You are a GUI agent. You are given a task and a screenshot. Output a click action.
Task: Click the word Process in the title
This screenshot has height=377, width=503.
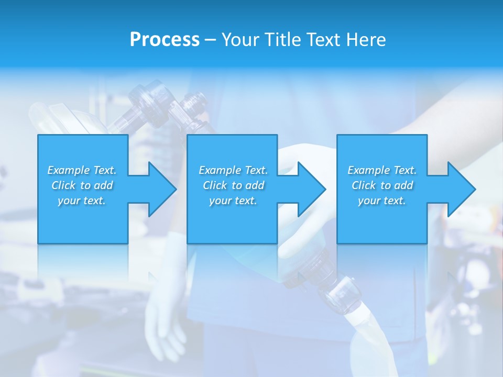[165, 40]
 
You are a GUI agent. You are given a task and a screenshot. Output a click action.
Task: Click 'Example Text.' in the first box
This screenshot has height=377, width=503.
[82, 170]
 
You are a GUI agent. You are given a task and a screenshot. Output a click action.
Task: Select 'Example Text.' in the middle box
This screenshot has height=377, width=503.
[233, 170]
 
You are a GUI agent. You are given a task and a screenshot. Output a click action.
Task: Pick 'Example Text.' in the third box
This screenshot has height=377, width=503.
[382, 170]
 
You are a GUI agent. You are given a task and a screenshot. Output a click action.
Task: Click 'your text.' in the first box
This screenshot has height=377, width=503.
[82, 201]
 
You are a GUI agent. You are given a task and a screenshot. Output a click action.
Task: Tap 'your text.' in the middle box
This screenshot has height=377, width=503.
[233, 201]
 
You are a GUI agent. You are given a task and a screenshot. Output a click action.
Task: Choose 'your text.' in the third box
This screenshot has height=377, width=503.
[382, 201]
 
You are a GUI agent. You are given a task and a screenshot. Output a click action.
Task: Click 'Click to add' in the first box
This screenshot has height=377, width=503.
[82, 185]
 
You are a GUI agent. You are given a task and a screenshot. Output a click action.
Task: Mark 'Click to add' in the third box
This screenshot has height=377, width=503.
[382, 185]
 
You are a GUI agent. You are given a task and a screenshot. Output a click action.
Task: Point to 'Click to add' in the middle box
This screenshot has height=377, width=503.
[233, 185]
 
